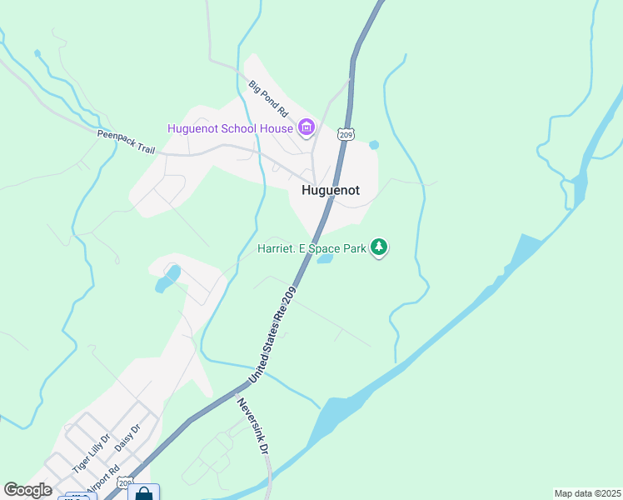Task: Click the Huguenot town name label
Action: [330, 190]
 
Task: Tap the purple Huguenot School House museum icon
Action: [307, 127]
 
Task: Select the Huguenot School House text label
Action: [230, 128]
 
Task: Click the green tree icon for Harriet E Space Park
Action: [380, 247]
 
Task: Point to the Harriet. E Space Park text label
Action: [311, 247]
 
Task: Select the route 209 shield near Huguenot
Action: [346, 133]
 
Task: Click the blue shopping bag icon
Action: [143, 493]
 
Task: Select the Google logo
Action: [27, 490]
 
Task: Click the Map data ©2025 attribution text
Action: [587, 493]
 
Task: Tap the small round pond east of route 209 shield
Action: [374, 145]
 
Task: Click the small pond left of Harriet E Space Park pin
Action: [325, 258]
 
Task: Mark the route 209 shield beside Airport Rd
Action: [125, 483]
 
